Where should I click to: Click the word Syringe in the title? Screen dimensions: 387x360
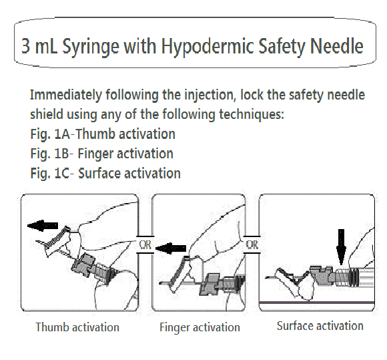(91, 47)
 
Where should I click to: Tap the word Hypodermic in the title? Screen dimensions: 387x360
(208, 46)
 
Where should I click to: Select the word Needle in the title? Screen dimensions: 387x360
(337, 45)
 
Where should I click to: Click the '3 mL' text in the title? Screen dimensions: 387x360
(39, 46)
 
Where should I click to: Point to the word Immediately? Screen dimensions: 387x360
(66, 95)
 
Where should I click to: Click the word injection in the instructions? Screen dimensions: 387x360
(211, 95)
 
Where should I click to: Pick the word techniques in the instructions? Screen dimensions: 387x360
(252, 114)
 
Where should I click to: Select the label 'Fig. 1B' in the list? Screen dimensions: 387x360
(49, 154)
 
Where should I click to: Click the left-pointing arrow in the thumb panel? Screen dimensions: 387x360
(43, 226)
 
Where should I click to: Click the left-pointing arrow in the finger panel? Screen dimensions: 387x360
(171, 248)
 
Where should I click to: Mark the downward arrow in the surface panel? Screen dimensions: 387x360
(342, 247)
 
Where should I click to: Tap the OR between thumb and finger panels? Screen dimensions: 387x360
(145, 245)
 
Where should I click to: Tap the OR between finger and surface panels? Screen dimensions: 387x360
(252, 245)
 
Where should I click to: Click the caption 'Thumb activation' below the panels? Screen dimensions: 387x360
(77, 327)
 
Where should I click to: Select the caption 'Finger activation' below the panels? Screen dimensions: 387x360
(200, 327)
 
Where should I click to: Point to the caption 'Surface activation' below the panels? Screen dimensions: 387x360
(320, 326)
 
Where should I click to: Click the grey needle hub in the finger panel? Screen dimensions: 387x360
(210, 285)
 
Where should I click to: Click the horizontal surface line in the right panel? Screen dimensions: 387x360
(317, 303)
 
